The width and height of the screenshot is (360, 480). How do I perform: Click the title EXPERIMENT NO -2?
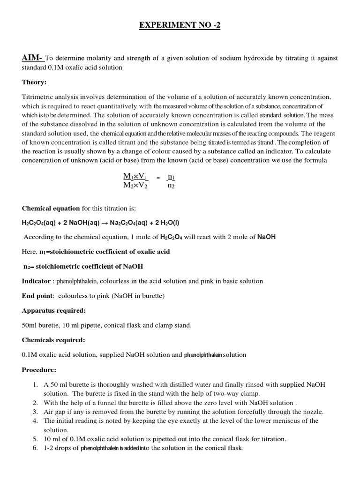[x=180, y=25]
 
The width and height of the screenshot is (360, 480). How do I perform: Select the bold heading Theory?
[x=34, y=82]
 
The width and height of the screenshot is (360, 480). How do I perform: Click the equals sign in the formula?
[x=158, y=178]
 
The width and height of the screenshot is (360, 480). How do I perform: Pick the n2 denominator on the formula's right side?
[x=171, y=185]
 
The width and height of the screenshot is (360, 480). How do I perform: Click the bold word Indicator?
[x=36, y=281]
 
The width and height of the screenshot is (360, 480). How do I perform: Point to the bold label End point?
[x=38, y=296]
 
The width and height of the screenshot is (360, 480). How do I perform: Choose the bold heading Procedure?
[x=39, y=370]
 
